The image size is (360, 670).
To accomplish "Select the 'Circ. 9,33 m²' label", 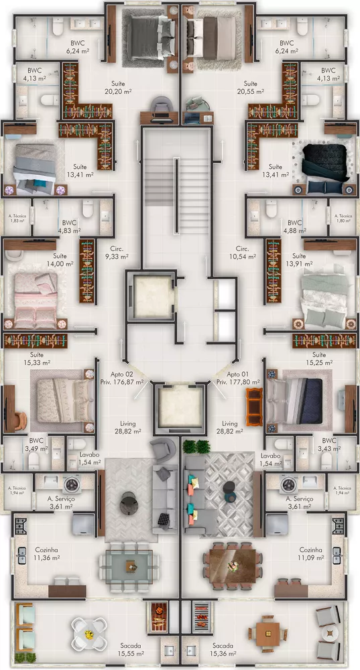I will point(111,252).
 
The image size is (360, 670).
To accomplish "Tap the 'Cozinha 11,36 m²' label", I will point(47,553).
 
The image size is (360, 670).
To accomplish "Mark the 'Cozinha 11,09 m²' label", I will point(310,553).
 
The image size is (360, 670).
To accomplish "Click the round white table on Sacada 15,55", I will point(86,630).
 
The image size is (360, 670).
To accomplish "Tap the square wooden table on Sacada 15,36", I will point(267,630).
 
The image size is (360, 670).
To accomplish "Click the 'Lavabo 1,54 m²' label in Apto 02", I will point(84,458).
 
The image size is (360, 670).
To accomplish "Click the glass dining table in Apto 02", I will point(127,561).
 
